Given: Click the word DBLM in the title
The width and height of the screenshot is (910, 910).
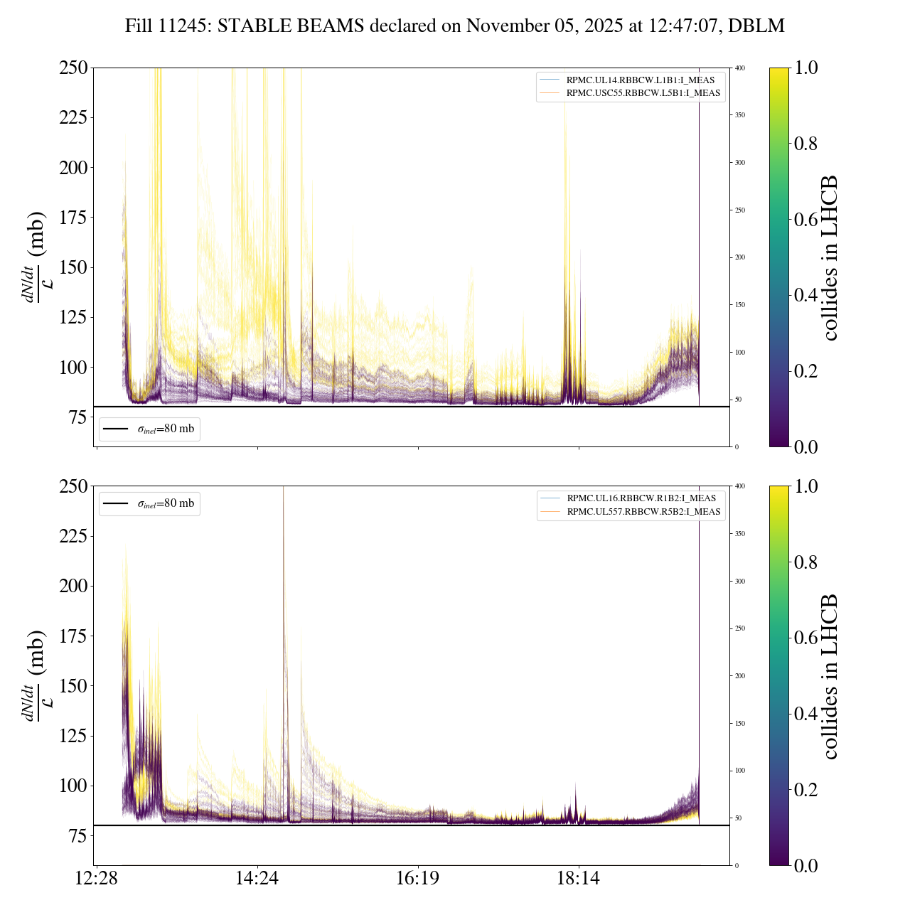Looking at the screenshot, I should [x=760, y=26].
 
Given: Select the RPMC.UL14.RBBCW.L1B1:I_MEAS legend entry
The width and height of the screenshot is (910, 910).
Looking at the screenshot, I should [x=640, y=80].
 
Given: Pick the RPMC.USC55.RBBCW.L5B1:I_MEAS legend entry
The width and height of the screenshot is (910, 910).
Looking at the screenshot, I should [x=643, y=93].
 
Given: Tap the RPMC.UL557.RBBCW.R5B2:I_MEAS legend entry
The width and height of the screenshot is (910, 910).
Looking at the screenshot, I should [x=643, y=512].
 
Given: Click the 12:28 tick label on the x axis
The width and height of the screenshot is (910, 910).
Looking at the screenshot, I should [x=97, y=879].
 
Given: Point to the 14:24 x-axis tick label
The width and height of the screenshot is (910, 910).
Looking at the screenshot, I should [x=257, y=879].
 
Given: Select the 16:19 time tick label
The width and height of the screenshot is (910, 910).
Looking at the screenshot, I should [x=418, y=879].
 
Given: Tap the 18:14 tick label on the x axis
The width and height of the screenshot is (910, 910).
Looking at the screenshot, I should [x=579, y=879].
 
